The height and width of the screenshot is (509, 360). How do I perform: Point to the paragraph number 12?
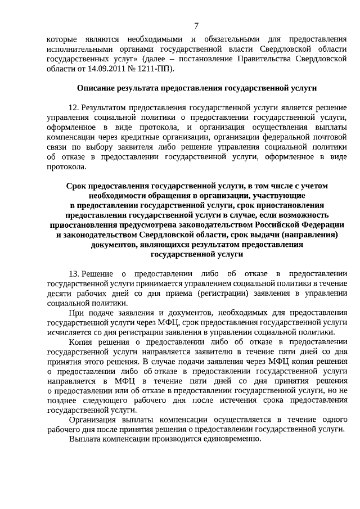[x=73, y=107]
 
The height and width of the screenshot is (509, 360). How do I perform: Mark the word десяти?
[x=59, y=293]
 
